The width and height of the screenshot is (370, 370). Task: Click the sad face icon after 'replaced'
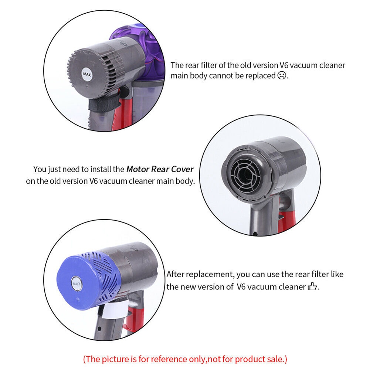coord(282,76)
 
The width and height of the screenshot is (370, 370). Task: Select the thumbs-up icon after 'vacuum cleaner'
coord(313,287)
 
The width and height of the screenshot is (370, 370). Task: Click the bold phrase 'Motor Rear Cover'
coord(160,169)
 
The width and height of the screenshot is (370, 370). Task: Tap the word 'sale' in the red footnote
coord(276,359)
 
